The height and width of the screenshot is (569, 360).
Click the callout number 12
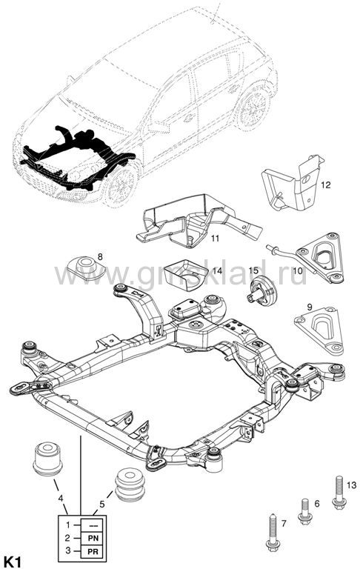click(x=325, y=185)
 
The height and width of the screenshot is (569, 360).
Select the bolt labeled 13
click(x=339, y=491)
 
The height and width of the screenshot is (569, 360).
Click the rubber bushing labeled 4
click(x=47, y=459)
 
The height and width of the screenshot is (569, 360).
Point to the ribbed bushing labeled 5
click(x=130, y=485)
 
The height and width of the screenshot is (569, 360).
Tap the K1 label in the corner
click(x=12, y=562)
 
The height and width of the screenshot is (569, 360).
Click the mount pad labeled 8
click(x=87, y=267)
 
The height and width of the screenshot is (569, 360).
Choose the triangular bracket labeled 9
click(x=319, y=330)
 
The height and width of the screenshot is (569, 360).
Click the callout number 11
click(x=216, y=239)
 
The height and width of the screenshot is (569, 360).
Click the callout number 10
click(x=297, y=270)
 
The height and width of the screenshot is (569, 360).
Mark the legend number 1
click(x=67, y=525)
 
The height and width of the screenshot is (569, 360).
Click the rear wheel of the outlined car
click(x=253, y=107)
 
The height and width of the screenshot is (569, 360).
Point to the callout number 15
click(x=253, y=270)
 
